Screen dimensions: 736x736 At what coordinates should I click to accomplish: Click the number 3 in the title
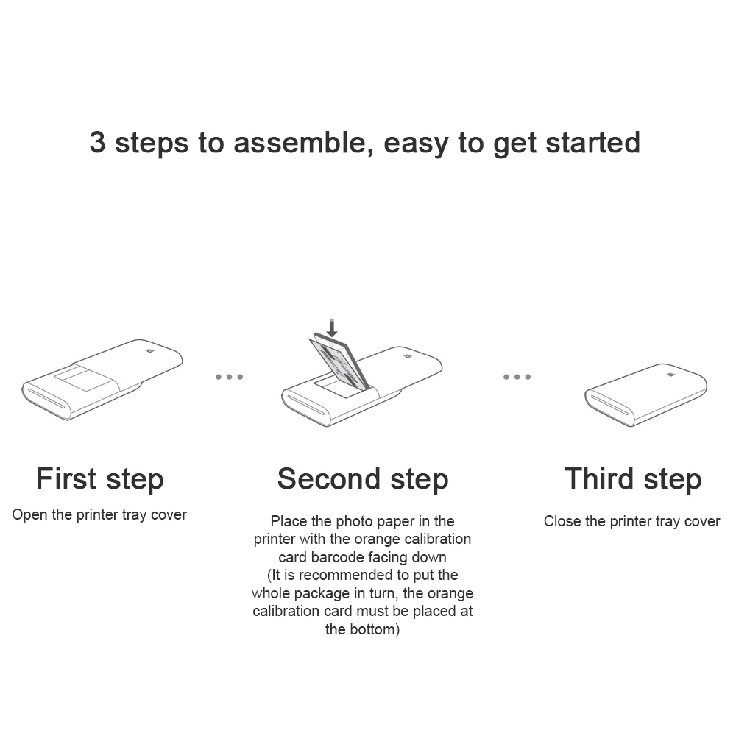click(x=98, y=142)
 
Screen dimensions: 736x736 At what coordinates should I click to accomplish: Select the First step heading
click(x=100, y=479)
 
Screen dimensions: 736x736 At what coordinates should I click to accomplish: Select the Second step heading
click(x=363, y=479)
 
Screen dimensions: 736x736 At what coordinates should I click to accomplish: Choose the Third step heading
click(x=633, y=479)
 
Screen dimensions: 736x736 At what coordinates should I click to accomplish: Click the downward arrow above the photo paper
click(x=332, y=328)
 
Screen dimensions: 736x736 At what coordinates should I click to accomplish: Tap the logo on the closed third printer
click(x=670, y=375)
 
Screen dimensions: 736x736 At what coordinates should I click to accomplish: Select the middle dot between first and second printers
click(x=229, y=377)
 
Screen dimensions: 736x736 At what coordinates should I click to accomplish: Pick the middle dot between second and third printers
click(x=517, y=377)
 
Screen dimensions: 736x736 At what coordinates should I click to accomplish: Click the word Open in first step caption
click(x=29, y=515)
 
